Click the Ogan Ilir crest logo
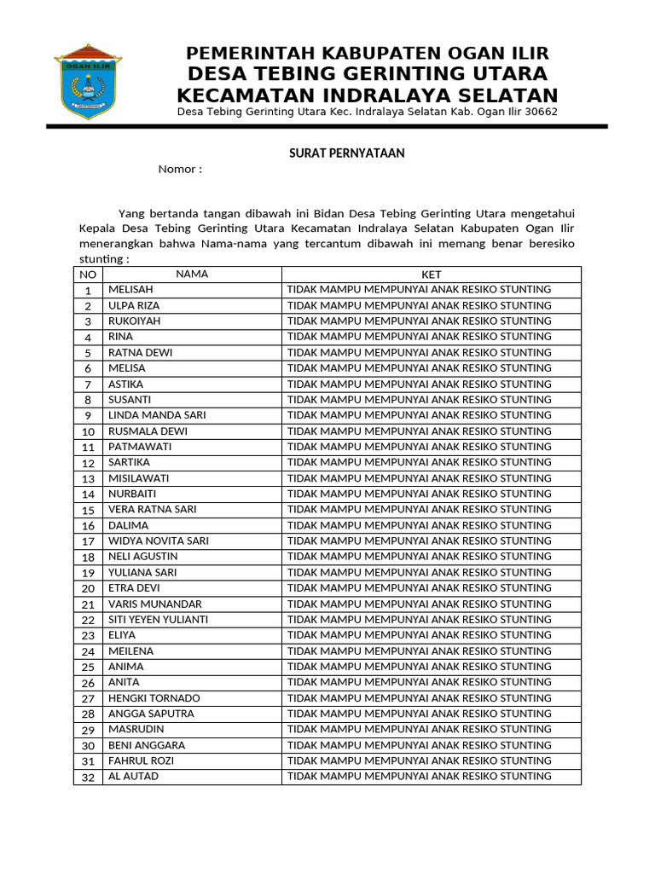[x=88, y=82]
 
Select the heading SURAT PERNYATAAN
[x=344, y=153]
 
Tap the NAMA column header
[x=192, y=275]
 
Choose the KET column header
[x=431, y=275]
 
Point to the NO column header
[x=88, y=275]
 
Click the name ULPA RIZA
[x=134, y=305]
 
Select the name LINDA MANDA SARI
[x=157, y=415]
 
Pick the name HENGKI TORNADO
[x=154, y=698]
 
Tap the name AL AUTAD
[x=133, y=777]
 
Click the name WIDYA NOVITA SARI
[x=159, y=541]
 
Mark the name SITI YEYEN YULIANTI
[x=159, y=620]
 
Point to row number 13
[x=88, y=478]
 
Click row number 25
[x=88, y=667]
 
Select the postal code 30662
[x=541, y=113]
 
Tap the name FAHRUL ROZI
[x=141, y=760]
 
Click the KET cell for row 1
[x=420, y=290]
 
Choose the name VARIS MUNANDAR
[x=155, y=604]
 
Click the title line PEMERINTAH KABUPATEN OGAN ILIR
[x=368, y=54]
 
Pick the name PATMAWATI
[x=140, y=447]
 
